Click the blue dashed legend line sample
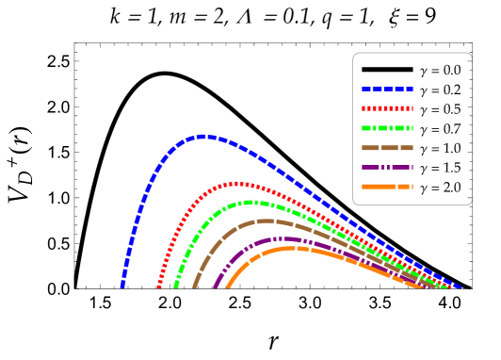[x=387, y=89]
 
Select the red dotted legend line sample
[x=387, y=108]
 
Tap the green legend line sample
[x=387, y=128]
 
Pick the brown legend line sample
[x=387, y=148]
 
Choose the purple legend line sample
[x=387, y=167]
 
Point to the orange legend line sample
[x=387, y=187]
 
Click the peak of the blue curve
[x=202, y=137]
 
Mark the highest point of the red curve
[x=237, y=184]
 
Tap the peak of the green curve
[x=251, y=202]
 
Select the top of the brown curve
[x=266, y=221]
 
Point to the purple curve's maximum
[x=280, y=239]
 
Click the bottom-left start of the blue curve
[x=122, y=285]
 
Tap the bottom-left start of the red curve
[x=158, y=285]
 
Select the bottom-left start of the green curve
[x=176, y=285]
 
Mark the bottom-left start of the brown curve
[x=195, y=285]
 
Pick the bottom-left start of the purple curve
[x=217, y=285]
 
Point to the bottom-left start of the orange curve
[x=229, y=285]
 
